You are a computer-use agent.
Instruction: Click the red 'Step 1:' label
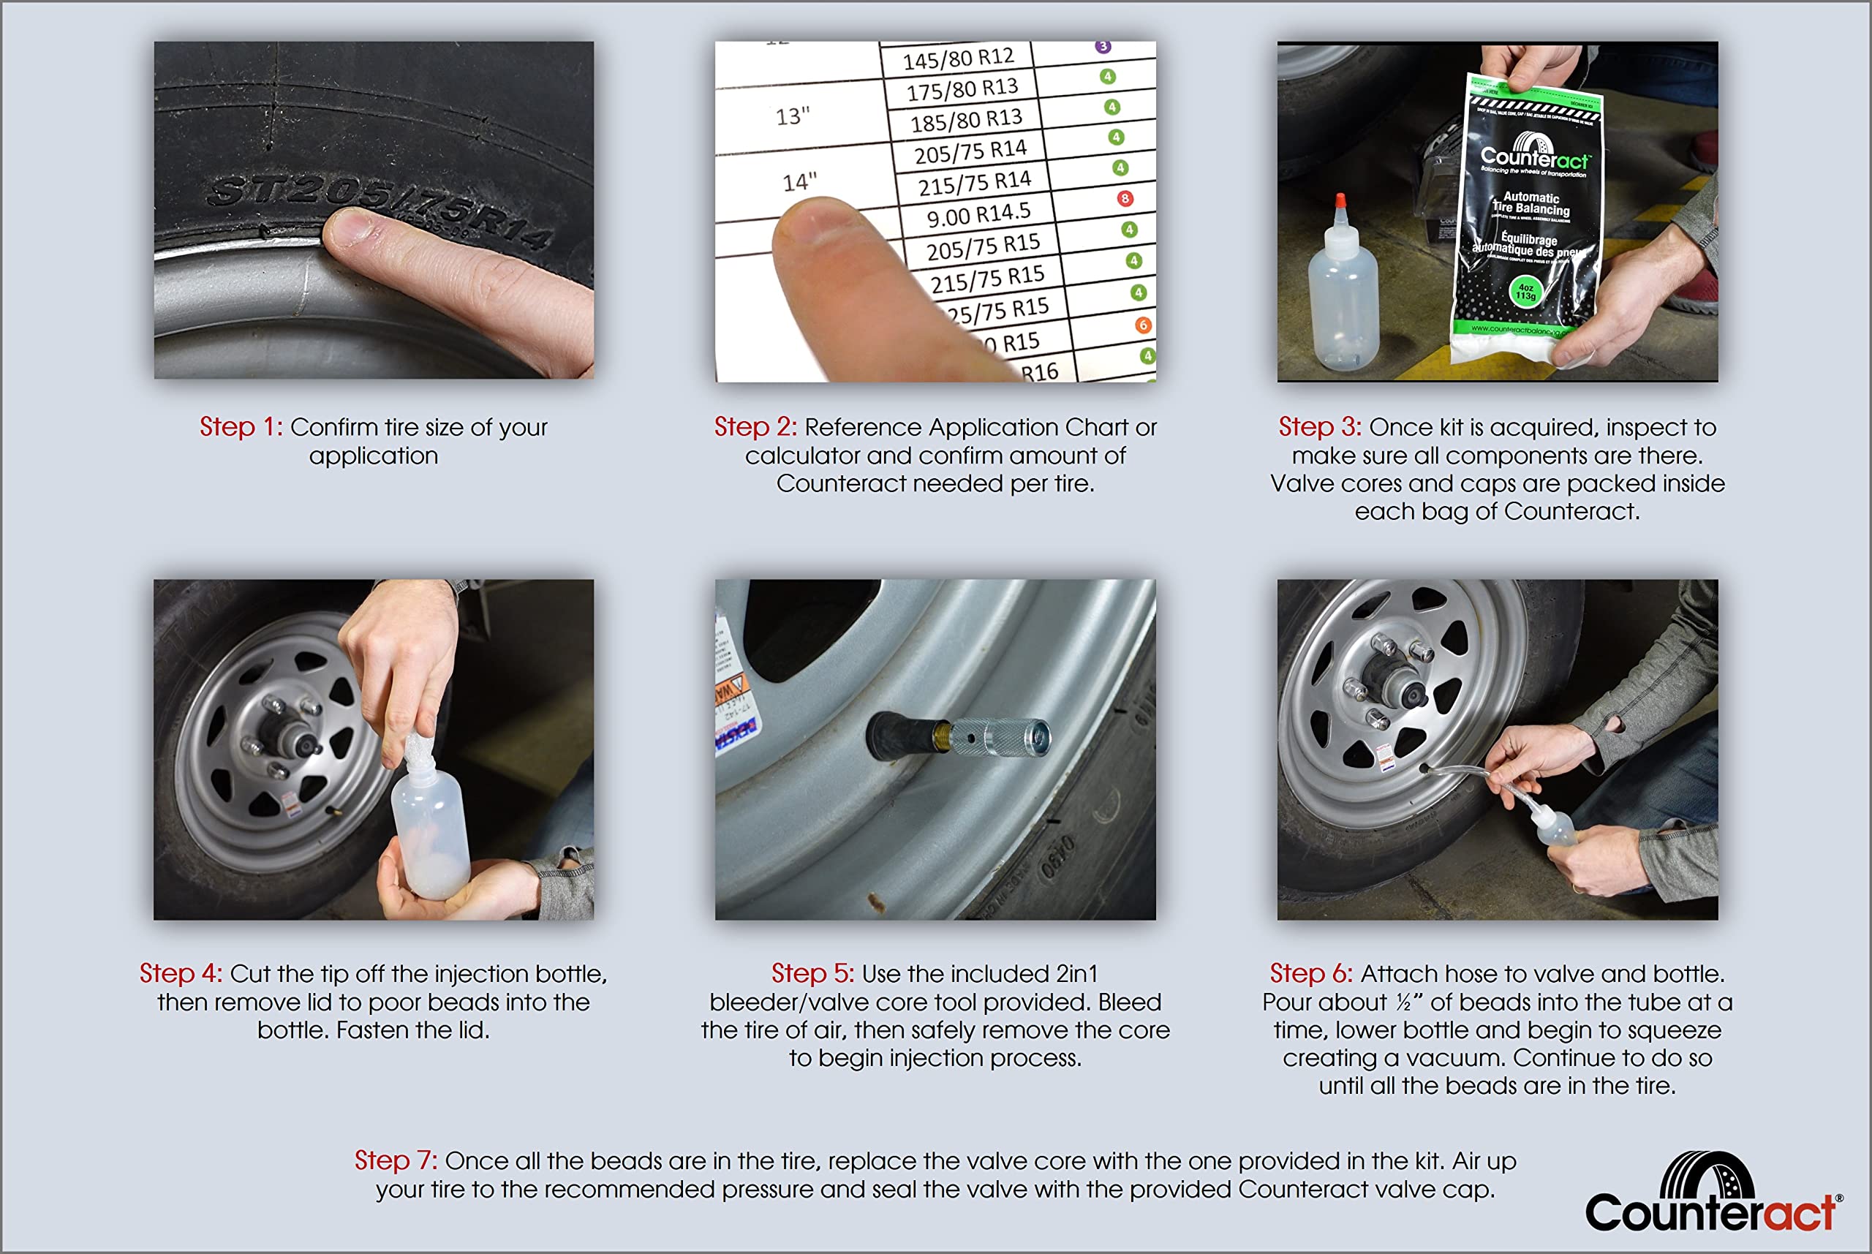pyautogui.click(x=241, y=427)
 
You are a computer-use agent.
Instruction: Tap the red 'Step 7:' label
pyautogui.click(x=395, y=1160)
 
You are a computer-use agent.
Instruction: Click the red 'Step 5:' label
pyautogui.click(x=812, y=973)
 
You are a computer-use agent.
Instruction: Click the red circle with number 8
pyautogui.click(x=1125, y=198)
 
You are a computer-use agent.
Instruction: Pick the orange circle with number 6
pyautogui.click(x=1143, y=325)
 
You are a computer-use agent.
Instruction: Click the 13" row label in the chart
pyautogui.click(x=793, y=117)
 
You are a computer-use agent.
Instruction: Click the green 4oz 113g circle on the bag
pyautogui.click(x=1525, y=292)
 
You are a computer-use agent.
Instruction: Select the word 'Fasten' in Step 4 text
pyautogui.click(x=370, y=1030)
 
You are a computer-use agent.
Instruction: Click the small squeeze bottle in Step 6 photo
pyautogui.click(x=1555, y=828)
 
